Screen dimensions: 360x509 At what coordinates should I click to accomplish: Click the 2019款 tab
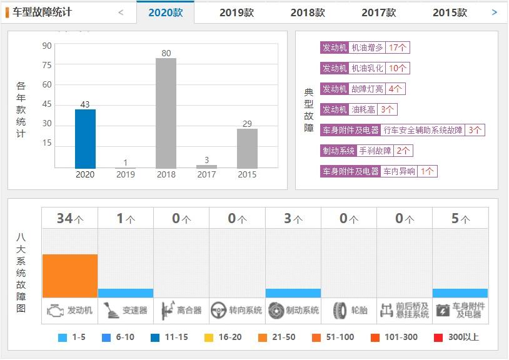(236, 12)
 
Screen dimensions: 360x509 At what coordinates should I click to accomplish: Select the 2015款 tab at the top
(450, 12)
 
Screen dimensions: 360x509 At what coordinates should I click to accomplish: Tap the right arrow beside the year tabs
(495, 12)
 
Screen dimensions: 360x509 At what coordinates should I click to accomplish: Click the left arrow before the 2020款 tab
(121, 12)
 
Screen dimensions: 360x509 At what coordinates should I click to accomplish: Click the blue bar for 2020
(85, 139)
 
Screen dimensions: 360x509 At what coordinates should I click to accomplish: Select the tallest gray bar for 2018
(166, 113)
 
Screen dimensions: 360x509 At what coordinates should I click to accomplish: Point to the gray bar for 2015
(247, 148)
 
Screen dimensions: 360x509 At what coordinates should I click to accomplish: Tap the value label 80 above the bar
(166, 53)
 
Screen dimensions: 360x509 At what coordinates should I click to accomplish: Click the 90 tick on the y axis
(47, 46)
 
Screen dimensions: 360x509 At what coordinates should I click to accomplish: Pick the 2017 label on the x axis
(206, 174)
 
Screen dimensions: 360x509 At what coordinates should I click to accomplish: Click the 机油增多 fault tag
(367, 48)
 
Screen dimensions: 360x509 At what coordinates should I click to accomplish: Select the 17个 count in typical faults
(398, 48)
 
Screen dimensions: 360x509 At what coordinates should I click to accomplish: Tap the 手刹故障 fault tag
(375, 151)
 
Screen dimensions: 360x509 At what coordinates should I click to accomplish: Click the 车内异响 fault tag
(399, 171)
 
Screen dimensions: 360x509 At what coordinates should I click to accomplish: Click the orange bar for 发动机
(70, 276)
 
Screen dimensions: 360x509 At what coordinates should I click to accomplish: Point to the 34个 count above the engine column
(70, 218)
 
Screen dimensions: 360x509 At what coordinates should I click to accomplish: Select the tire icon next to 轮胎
(340, 310)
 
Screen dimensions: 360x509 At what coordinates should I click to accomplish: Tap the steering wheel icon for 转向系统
(218, 310)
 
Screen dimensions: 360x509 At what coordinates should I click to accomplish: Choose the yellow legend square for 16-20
(209, 337)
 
